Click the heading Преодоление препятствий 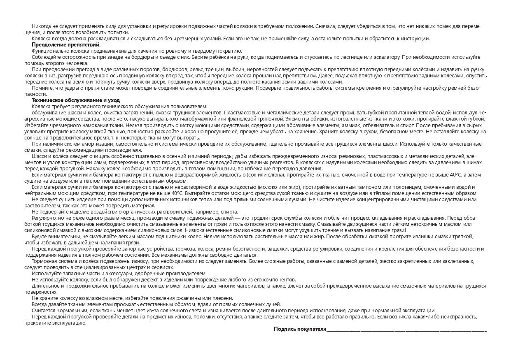click(66, 44)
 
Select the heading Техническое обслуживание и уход click(76, 100)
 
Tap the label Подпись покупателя click(300, 329)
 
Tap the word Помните click(42, 88)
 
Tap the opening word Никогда click(42, 26)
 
